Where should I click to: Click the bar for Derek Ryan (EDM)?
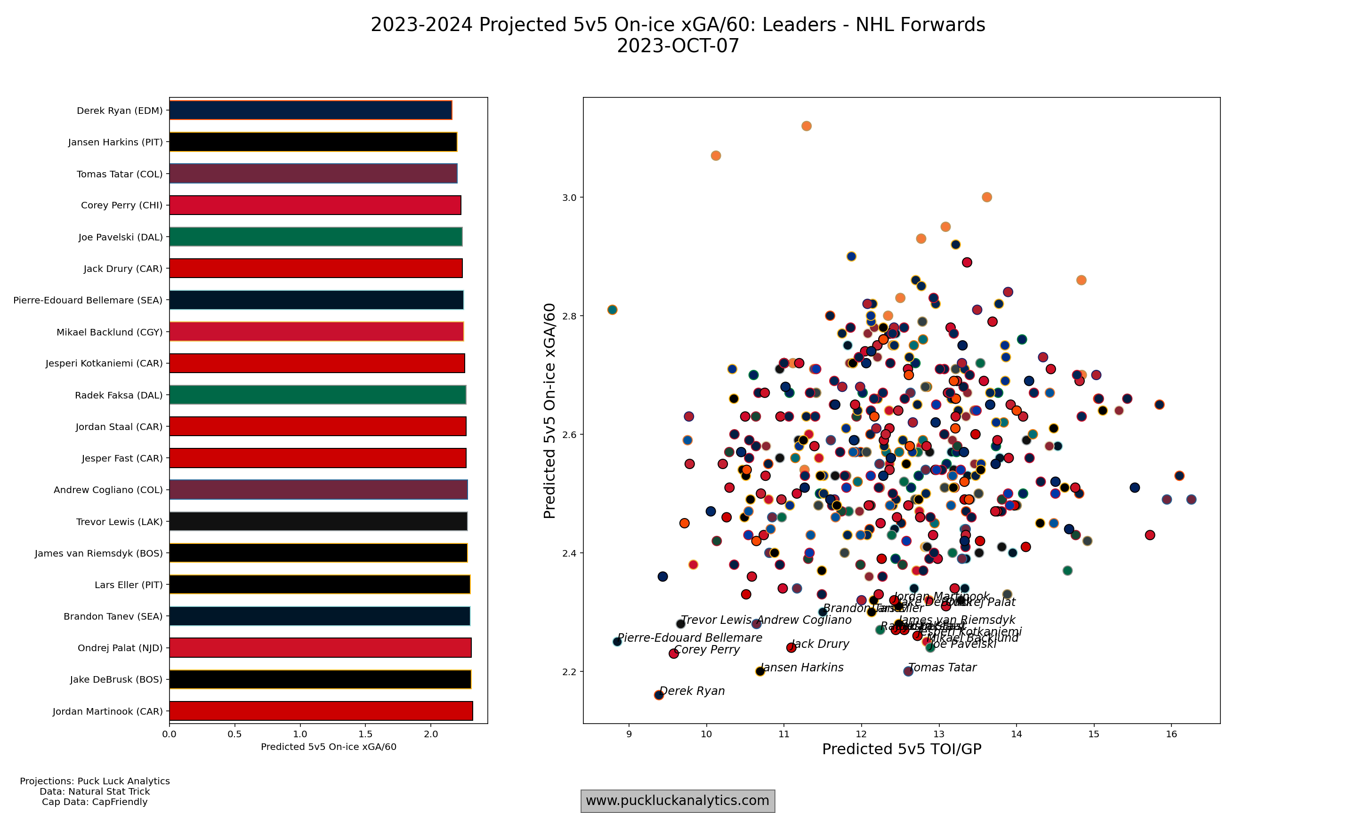coord(310,110)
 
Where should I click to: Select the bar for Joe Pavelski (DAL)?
coord(316,237)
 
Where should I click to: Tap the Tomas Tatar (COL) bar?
coord(313,174)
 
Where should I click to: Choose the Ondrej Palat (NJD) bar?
coord(320,647)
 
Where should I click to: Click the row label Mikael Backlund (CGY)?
coord(110,332)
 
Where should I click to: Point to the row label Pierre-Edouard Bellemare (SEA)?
coord(88,300)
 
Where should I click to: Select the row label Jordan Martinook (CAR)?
coord(107,711)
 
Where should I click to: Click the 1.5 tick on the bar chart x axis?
coord(365,734)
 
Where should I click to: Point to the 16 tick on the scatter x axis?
coord(1171,734)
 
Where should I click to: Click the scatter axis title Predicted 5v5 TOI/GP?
coord(901,749)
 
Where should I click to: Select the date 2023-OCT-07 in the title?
coord(678,46)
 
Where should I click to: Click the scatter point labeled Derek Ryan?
coord(659,694)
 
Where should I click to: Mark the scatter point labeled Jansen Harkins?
coord(759,671)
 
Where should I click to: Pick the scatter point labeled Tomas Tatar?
coord(908,671)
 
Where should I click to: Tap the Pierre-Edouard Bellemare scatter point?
coord(617,642)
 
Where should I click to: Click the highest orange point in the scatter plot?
coord(806,126)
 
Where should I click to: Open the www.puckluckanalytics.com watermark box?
coord(678,800)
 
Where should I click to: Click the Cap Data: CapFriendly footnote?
coord(94,802)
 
